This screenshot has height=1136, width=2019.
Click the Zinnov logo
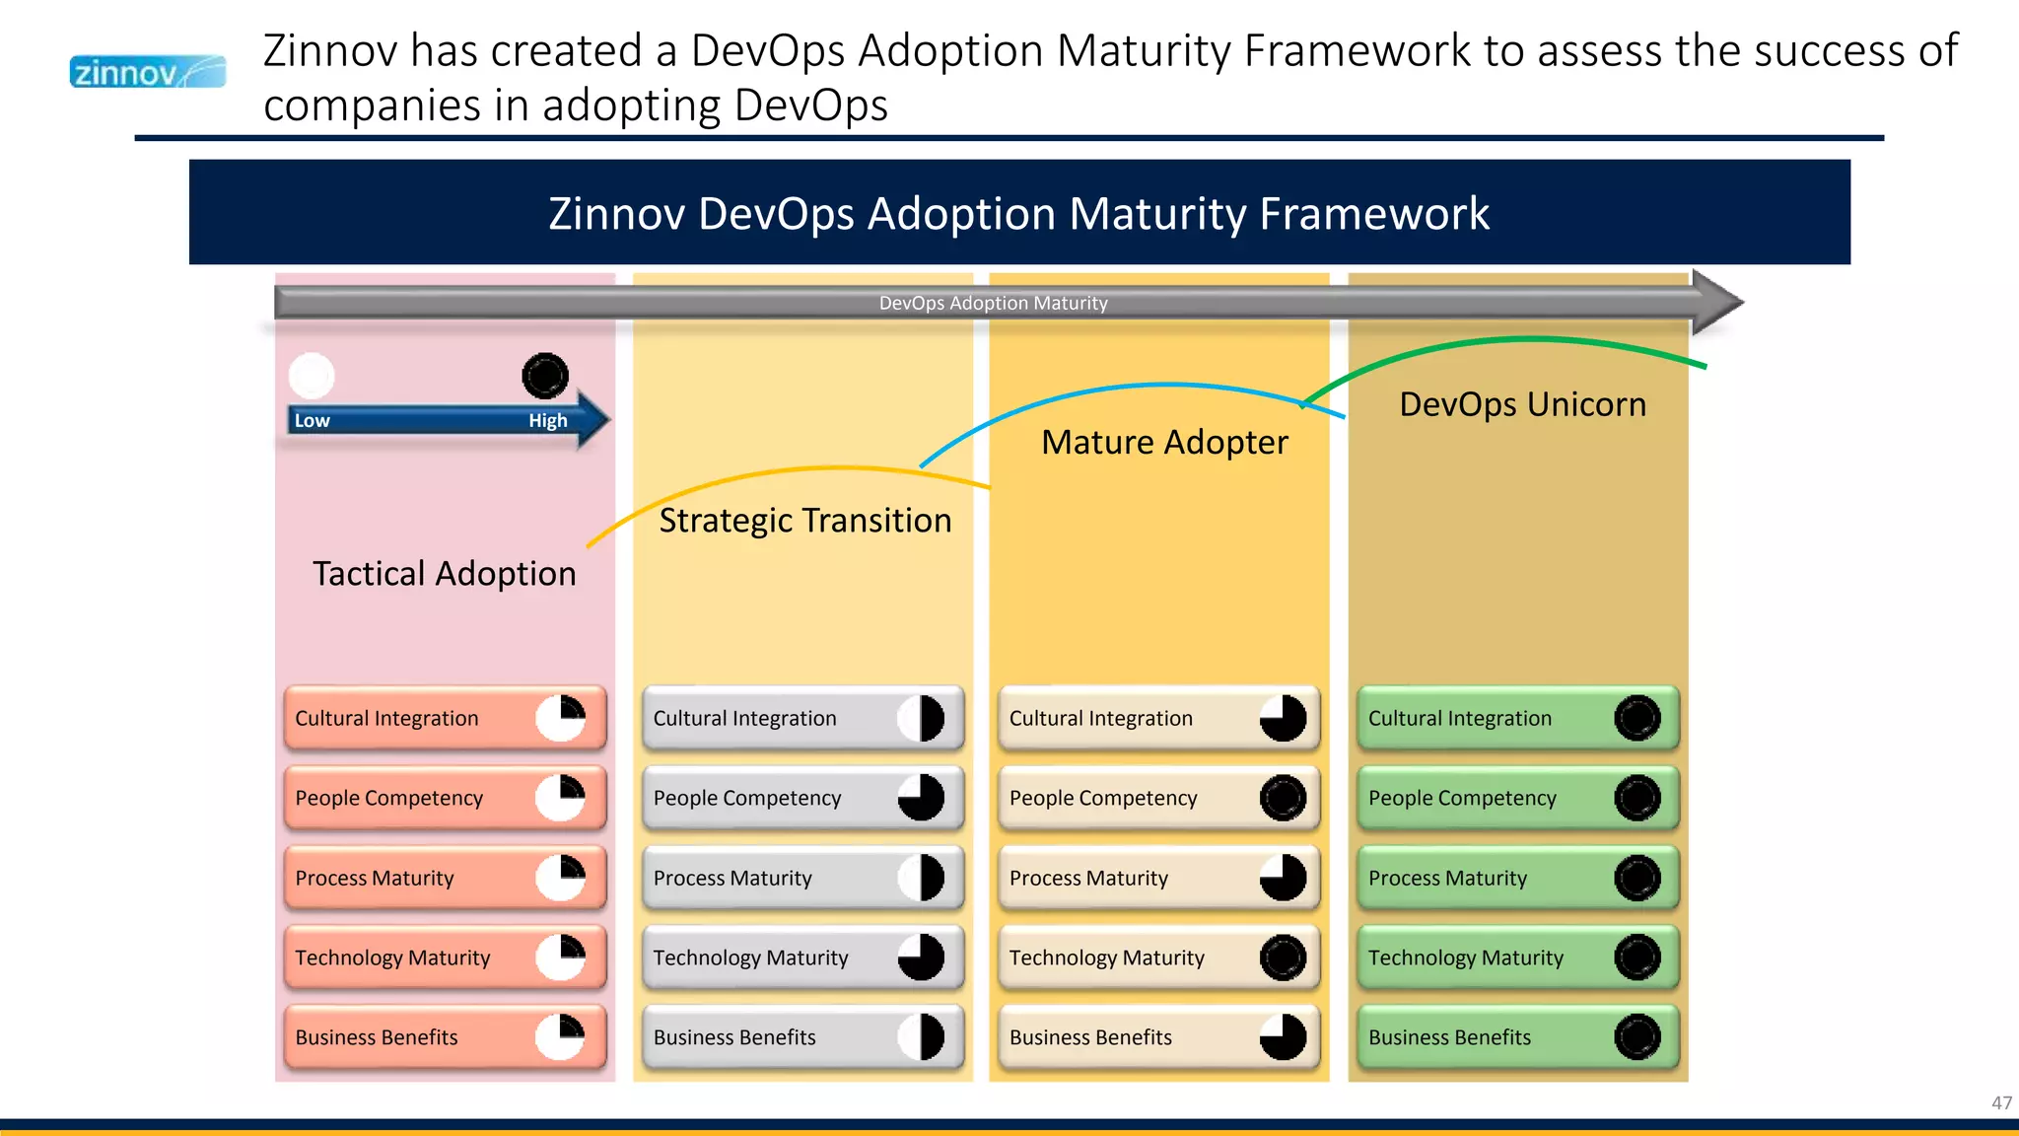coord(147,72)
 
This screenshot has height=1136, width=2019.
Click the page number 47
coord(2001,1102)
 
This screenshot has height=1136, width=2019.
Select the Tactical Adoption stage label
coord(444,574)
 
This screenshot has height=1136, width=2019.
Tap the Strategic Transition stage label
coord(804,521)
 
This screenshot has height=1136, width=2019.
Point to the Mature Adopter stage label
coord(1163,443)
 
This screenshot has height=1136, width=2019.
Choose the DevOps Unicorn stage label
coord(1522,404)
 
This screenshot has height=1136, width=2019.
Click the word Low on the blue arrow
coord(313,421)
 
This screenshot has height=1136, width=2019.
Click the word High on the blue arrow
coord(547,421)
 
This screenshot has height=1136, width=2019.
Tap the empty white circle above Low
coord(312,376)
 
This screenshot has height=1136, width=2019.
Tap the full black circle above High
coord(545,376)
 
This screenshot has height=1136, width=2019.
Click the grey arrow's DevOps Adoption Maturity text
coord(993,303)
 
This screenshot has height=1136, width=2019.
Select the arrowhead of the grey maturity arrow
coord(1715,302)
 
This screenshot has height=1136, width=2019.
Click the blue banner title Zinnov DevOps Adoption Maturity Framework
coord(1018,213)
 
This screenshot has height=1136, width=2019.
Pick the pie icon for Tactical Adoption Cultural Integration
coord(561,718)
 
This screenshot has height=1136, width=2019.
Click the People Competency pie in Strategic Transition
coord(921,798)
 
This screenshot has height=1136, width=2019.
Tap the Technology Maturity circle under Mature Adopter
coord(1283,958)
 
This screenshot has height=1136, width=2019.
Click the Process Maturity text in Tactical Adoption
coord(375,878)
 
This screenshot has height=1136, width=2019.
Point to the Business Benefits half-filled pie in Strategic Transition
coord(921,1037)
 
